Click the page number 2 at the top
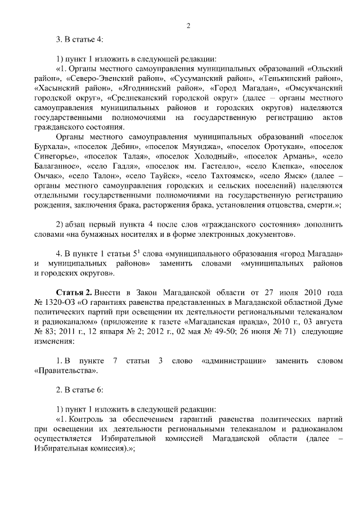click(x=188, y=25)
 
